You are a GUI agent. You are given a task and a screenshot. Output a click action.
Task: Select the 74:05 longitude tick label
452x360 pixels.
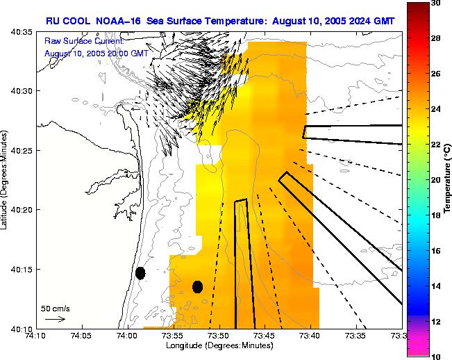(x=81, y=336)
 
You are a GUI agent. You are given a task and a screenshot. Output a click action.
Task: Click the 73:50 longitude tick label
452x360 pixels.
(x=219, y=336)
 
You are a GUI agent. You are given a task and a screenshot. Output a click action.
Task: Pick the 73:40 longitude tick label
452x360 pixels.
(x=310, y=336)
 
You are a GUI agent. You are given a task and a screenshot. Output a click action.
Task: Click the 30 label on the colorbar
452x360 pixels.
(x=435, y=3)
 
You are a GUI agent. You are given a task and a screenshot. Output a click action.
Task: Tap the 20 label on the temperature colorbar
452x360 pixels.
(x=435, y=180)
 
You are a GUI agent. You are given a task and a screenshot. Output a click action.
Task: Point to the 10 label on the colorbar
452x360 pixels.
(x=435, y=357)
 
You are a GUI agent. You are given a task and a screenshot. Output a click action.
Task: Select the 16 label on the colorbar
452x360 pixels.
(x=435, y=251)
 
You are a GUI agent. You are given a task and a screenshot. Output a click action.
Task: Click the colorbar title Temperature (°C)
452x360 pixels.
(x=448, y=179)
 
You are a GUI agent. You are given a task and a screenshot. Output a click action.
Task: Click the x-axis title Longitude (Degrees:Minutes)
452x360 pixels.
(x=218, y=345)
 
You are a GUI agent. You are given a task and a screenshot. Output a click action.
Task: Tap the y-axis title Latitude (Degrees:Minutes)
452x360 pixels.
(x=6, y=180)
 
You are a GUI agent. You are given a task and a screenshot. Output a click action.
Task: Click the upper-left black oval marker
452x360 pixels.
(x=140, y=273)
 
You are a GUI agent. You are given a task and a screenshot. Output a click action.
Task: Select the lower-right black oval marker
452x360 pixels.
(x=197, y=286)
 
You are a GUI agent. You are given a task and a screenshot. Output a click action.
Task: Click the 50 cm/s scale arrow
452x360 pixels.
(x=55, y=319)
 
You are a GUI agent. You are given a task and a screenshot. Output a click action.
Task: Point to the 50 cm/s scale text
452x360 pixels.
(x=55, y=308)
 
